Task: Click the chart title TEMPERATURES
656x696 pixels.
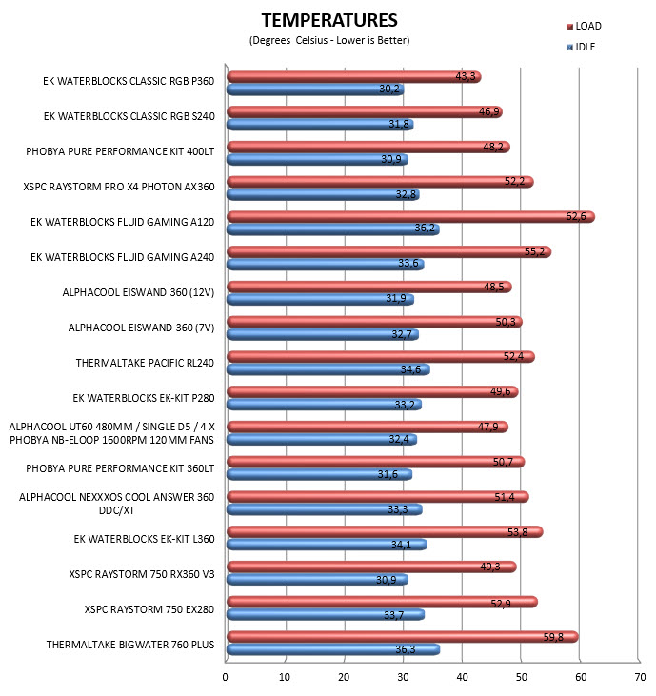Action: (x=329, y=20)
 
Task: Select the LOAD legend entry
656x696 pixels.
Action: (x=584, y=27)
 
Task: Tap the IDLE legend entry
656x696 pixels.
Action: (x=581, y=47)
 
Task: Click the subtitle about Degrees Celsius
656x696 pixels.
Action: (x=329, y=40)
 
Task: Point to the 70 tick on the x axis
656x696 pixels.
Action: (x=640, y=677)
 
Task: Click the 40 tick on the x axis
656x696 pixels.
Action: (x=462, y=677)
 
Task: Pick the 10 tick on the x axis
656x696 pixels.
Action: (x=285, y=677)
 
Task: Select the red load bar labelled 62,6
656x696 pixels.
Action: (x=411, y=217)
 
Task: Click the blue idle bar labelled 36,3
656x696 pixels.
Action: (x=333, y=649)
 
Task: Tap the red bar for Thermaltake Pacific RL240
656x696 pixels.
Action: (x=381, y=357)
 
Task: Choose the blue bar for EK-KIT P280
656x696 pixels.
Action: (x=325, y=405)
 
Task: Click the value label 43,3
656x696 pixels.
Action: (x=466, y=76)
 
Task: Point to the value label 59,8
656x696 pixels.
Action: (x=553, y=637)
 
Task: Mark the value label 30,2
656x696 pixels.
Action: (x=388, y=89)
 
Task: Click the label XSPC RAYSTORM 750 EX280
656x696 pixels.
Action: (x=149, y=609)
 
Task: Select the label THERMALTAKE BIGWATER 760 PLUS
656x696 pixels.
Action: (x=130, y=645)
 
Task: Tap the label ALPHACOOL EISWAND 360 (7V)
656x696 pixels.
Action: (x=141, y=328)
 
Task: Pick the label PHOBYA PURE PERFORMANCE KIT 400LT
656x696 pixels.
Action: (x=120, y=151)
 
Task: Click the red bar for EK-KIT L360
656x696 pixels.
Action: (x=385, y=532)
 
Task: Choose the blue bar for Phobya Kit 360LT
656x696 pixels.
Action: (x=320, y=474)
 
